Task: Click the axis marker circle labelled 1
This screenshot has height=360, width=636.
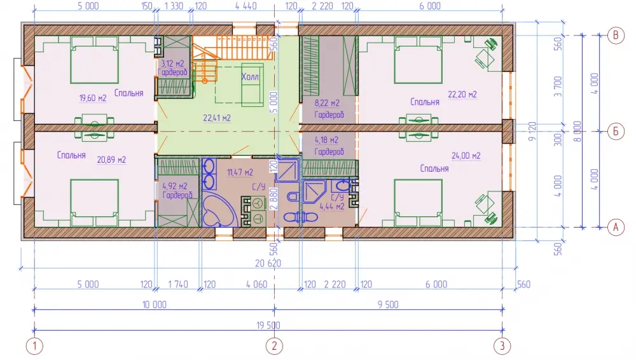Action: [x=34, y=346]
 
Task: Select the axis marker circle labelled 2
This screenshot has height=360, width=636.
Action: [x=274, y=346]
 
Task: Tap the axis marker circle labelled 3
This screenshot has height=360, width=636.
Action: [x=502, y=346]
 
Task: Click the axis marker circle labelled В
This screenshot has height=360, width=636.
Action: [x=615, y=36]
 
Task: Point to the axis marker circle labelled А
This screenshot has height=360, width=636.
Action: [x=615, y=227]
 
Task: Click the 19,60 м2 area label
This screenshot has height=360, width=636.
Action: [x=93, y=98]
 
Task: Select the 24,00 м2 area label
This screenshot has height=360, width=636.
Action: [x=466, y=156]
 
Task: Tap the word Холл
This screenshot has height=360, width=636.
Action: [x=250, y=77]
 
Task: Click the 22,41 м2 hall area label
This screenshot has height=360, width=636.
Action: [x=217, y=118]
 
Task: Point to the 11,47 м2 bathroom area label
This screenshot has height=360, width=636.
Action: [x=240, y=172]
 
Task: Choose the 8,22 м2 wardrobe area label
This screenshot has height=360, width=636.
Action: [x=327, y=103]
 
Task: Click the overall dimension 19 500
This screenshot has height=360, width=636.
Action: [x=268, y=325]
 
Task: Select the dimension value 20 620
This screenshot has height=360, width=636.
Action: [x=268, y=263]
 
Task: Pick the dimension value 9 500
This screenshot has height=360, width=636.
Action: [x=388, y=305]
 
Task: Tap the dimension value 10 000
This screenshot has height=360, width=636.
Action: [x=154, y=305]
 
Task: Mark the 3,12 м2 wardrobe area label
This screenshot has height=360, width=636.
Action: [x=172, y=64]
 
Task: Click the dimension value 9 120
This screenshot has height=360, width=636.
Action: [x=532, y=131]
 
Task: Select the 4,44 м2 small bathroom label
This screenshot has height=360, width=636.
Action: [x=332, y=207]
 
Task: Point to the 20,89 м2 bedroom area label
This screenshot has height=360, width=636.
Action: [x=111, y=160]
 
